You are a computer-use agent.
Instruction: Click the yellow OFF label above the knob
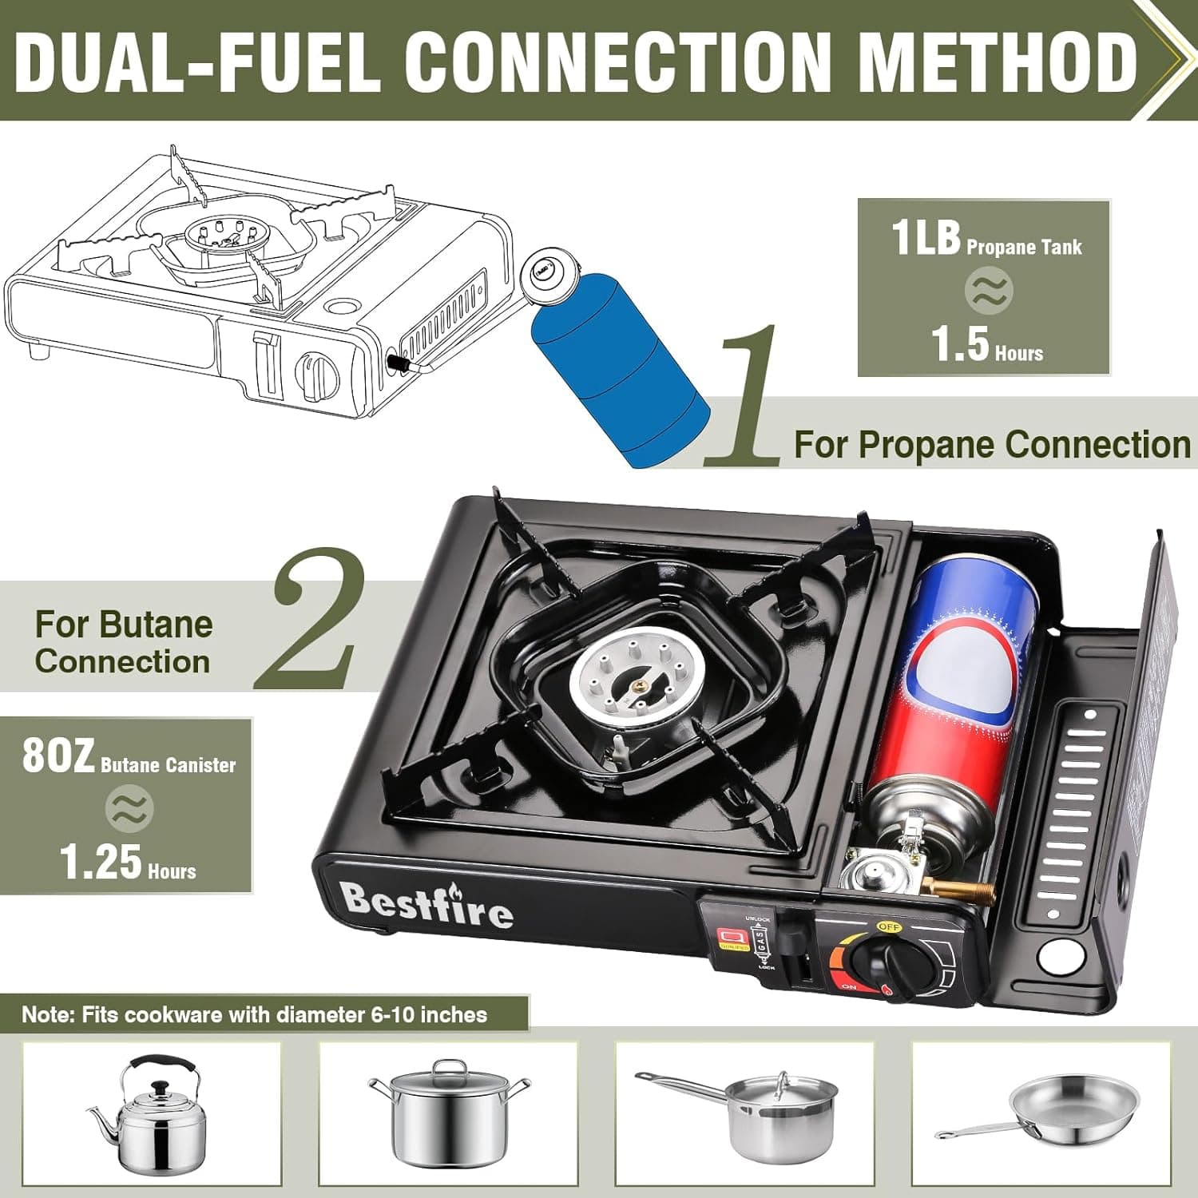[x=889, y=926]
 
